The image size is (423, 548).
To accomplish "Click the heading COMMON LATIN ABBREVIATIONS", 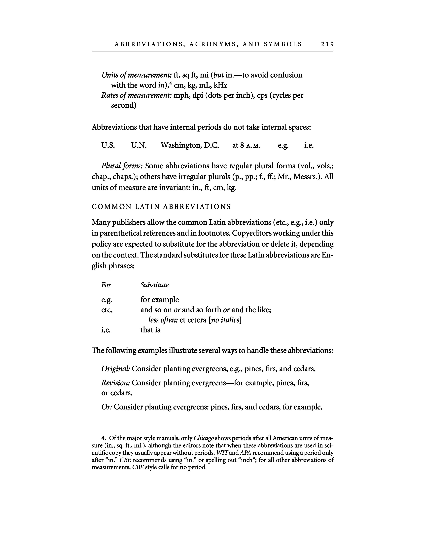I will point(161,207).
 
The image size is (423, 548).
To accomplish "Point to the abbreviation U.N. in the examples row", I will point(139,145).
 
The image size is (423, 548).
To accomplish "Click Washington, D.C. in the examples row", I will point(190,145).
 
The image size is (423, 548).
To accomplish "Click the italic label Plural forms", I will point(122,166).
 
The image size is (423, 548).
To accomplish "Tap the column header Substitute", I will point(154,285).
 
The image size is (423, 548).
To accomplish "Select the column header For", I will point(106,285).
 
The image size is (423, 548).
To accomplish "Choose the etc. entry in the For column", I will point(107,310).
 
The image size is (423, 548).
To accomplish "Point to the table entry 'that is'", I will point(150,330).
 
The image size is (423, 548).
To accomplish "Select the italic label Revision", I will point(115,383).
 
